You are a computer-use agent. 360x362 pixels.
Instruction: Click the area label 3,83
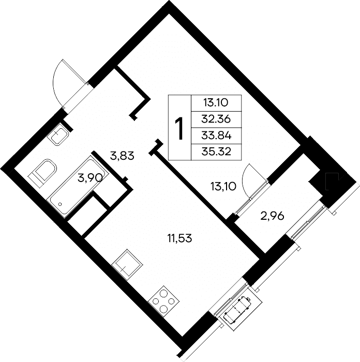[x=122, y=156]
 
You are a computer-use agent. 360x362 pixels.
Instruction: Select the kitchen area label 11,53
[x=180, y=238]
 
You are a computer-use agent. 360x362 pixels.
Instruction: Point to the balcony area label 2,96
[x=272, y=216]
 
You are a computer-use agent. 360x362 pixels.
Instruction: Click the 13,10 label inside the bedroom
[x=223, y=186]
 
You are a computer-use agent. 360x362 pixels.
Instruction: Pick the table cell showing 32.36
[x=216, y=119]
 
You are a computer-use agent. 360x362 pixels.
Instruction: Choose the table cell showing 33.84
[x=216, y=135]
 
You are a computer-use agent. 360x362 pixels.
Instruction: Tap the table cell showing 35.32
[x=216, y=152]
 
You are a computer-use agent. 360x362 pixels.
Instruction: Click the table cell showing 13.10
[x=216, y=103]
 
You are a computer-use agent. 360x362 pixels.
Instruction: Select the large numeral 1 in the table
[x=179, y=128]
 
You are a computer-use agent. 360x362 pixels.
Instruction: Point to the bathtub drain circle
[x=61, y=204]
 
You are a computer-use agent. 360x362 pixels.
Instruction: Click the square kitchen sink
[x=127, y=265]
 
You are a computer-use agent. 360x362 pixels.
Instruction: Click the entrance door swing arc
[x=55, y=80]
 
